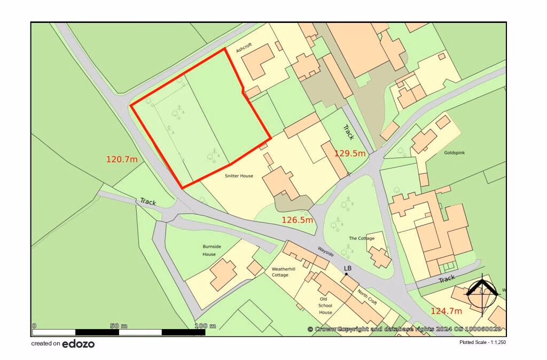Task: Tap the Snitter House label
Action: pos(238,175)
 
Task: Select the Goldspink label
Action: pos(455,153)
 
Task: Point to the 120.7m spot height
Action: pos(122,159)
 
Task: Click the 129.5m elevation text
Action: pos(350,153)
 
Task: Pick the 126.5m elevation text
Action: pos(297,220)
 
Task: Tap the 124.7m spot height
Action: pos(447,310)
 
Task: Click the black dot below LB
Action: pos(347,274)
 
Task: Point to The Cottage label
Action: pos(362,238)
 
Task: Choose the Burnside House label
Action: pos(209,250)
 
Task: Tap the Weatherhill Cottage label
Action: pos(280,271)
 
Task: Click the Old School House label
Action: pos(326,305)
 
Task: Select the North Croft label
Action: pos(368,296)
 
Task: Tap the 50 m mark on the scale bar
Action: pos(118,326)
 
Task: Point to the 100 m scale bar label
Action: pos(205,326)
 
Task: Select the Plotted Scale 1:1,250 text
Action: pos(482,342)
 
